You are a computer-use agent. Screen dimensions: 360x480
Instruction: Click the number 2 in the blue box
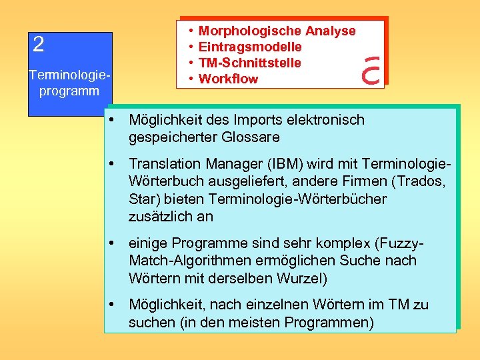pos(39,45)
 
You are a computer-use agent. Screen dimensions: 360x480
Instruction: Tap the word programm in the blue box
pos(69,91)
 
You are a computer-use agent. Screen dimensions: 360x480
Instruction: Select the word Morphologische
pos(250,31)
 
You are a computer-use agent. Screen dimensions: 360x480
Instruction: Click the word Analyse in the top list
pos(330,31)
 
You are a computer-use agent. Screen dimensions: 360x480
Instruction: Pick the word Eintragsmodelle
pos(250,47)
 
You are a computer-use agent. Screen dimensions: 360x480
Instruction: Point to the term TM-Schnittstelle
pos(250,63)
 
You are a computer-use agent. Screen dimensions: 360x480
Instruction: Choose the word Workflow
pos(228,79)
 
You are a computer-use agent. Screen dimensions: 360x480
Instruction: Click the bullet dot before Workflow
pos(191,79)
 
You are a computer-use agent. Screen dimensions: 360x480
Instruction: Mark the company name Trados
pos(423,181)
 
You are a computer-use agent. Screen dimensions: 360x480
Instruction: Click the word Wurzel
pos(302,278)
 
